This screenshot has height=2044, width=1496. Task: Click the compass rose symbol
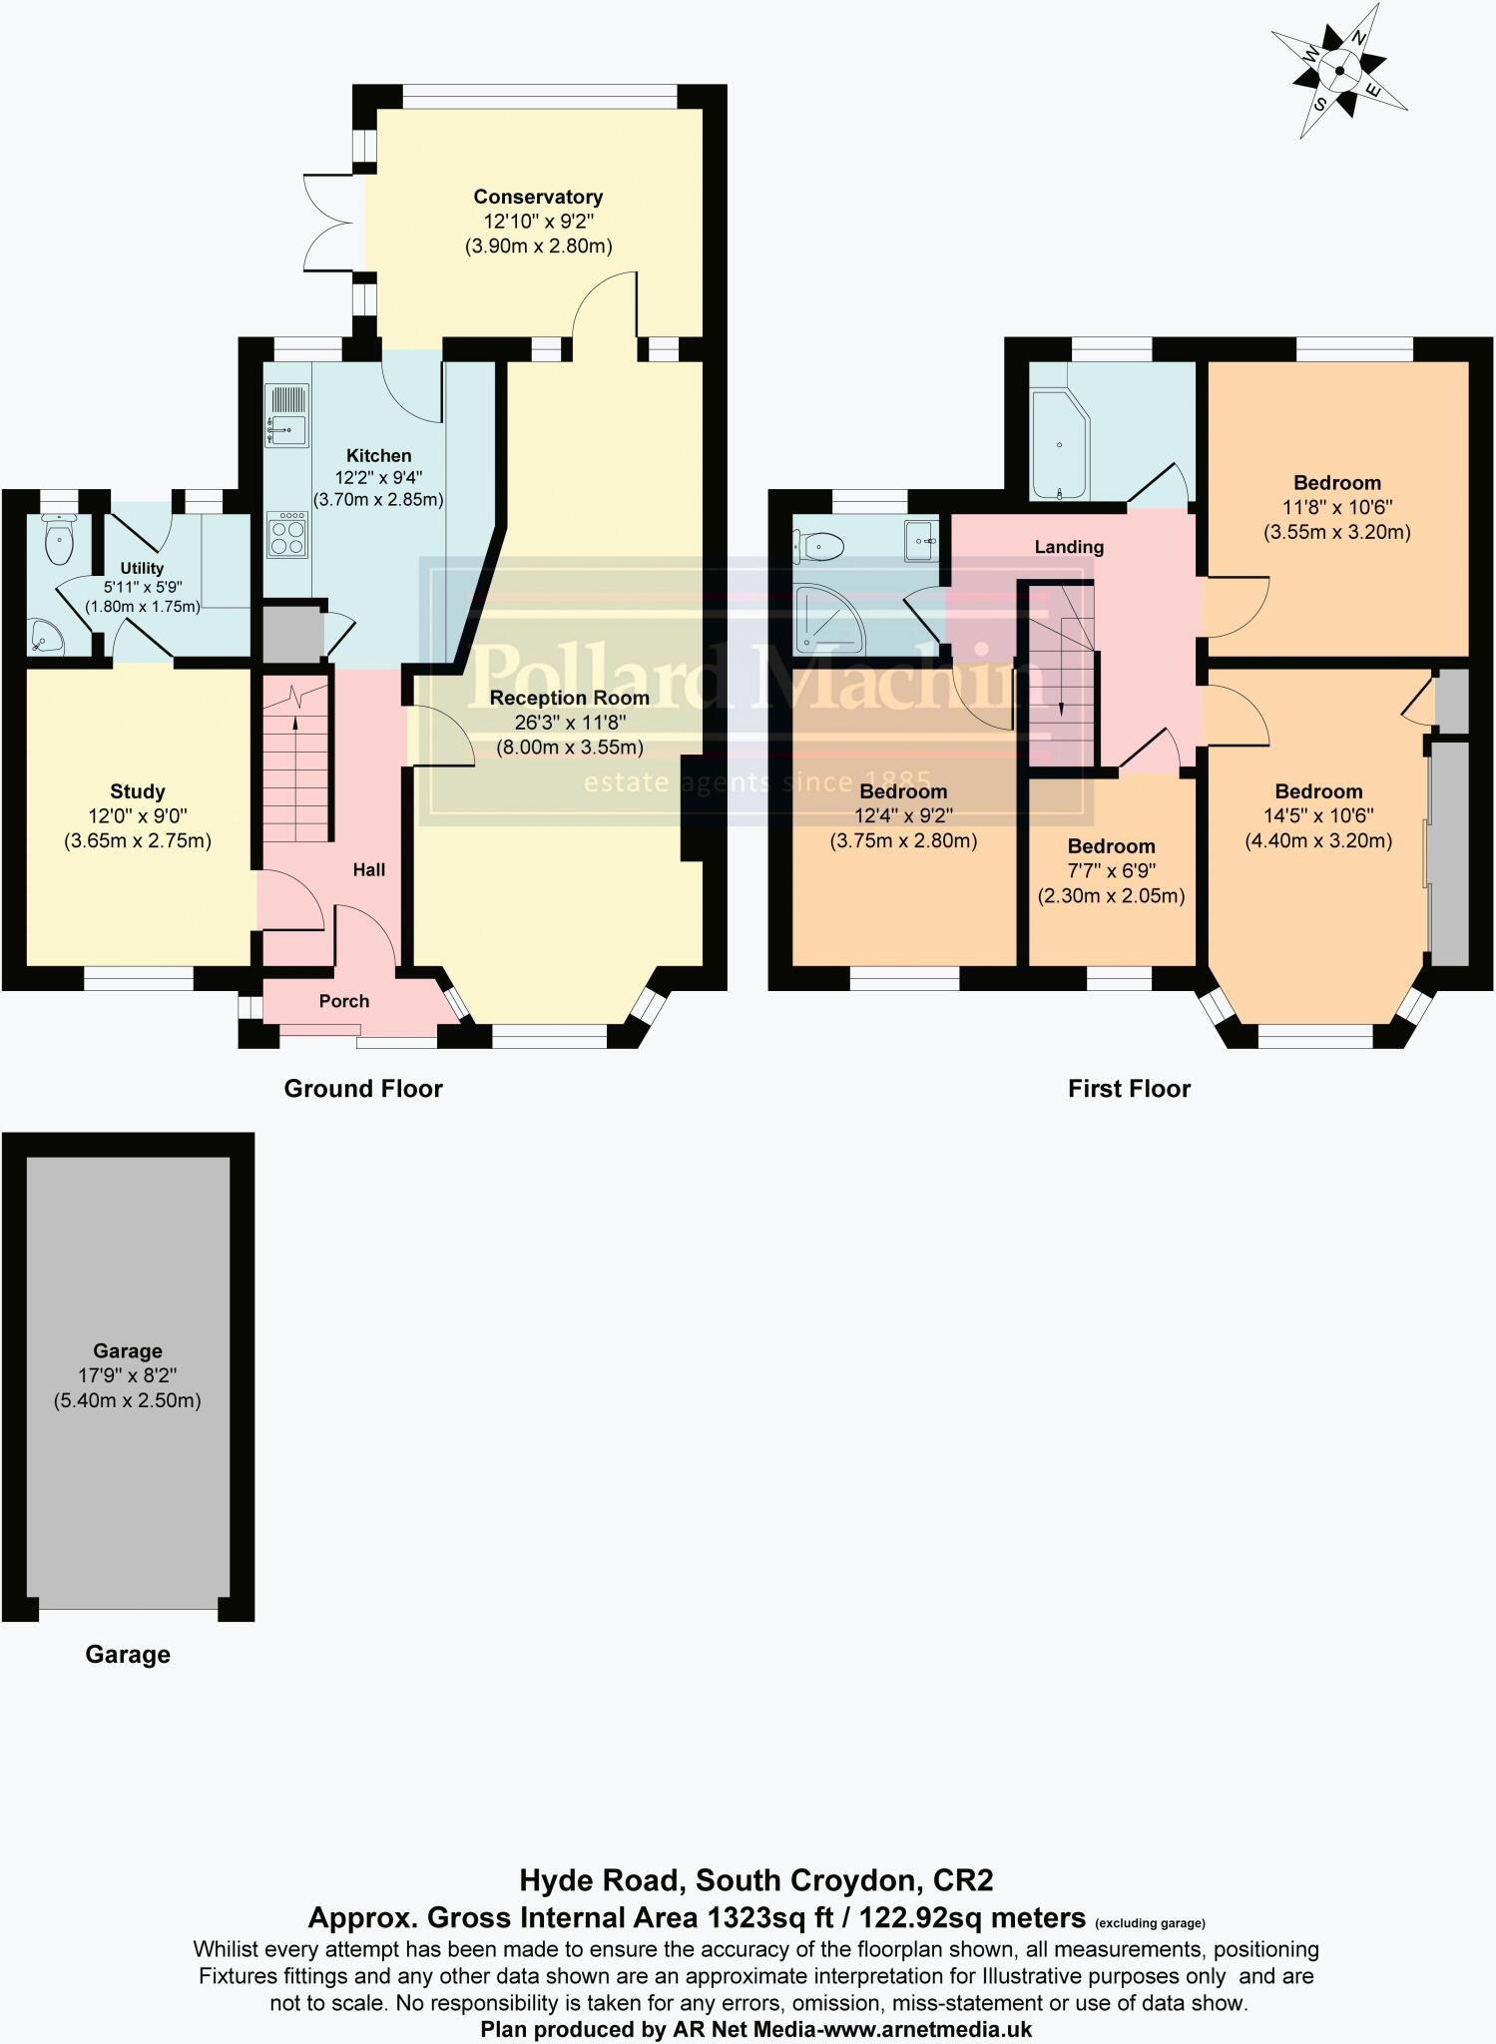1337,70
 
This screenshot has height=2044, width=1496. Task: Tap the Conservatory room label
538,197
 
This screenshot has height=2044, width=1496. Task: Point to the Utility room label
142,568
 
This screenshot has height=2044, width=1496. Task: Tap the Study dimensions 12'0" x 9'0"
138,816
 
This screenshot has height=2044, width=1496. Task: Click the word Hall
368,870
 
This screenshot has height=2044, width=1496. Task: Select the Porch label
344,1001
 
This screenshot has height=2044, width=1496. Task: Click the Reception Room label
569,698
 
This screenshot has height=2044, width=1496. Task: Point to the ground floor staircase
296,759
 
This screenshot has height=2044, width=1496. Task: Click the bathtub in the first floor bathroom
1060,444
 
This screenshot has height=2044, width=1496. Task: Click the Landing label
1069,547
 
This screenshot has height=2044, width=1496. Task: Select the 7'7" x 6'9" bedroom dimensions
1111,870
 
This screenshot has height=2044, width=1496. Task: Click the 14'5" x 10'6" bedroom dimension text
1318,816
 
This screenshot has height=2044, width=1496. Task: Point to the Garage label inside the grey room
128,1351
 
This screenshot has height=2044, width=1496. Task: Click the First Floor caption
1129,1089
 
